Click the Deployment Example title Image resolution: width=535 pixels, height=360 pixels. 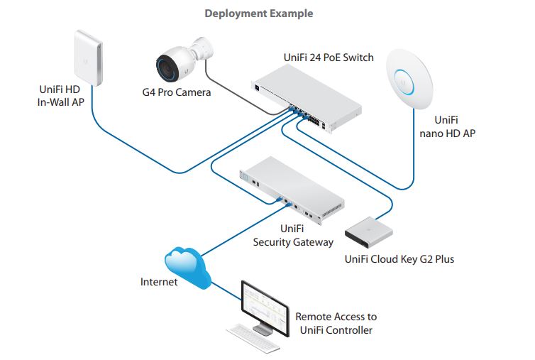(258, 13)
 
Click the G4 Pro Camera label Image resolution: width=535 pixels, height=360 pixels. (176, 92)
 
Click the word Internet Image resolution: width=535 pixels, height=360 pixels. (159, 283)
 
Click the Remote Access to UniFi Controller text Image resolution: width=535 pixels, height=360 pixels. (336, 323)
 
